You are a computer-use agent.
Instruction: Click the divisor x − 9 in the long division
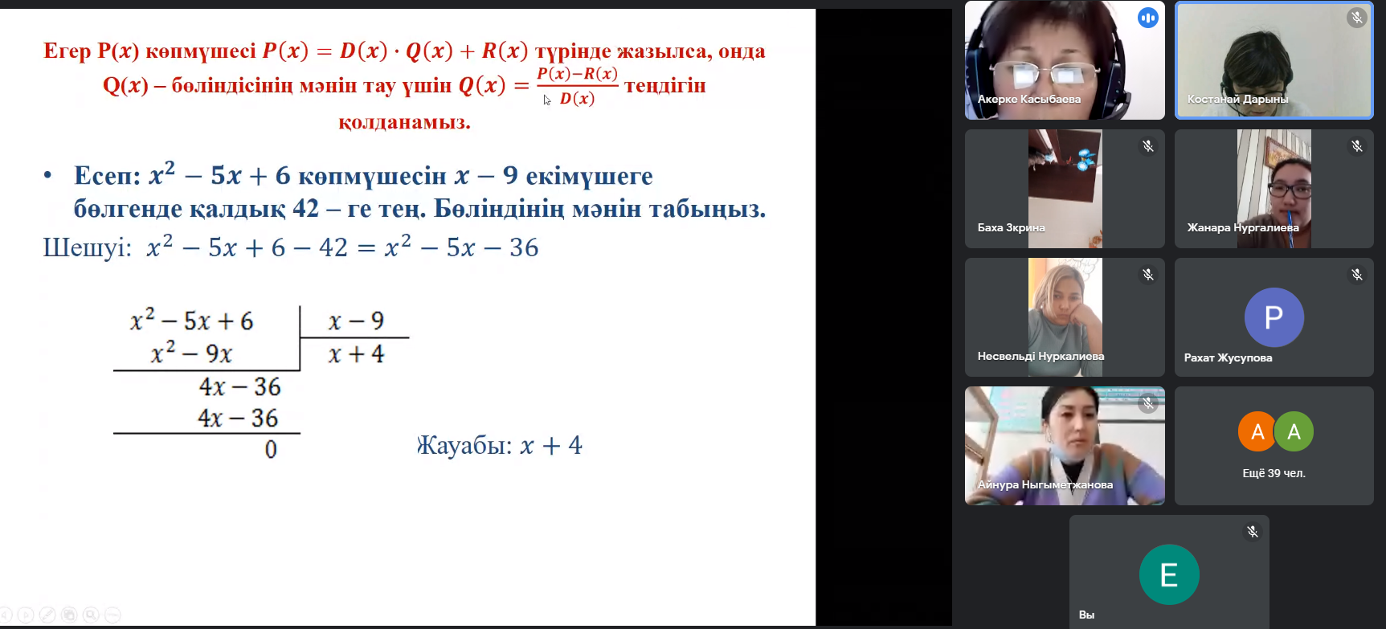click(x=356, y=321)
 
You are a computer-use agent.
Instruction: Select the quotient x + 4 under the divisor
click(x=356, y=354)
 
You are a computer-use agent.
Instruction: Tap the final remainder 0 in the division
click(x=271, y=449)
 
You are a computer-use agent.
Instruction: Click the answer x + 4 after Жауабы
click(x=551, y=445)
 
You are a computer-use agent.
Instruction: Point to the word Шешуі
click(x=87, y=247)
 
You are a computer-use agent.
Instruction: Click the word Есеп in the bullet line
click(x=107, y=176)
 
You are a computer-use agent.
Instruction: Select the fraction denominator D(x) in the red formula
click(x=577, y=99)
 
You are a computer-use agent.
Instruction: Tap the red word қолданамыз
click(x=404, y=123)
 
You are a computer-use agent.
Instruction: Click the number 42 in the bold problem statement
click(x=305, y=209)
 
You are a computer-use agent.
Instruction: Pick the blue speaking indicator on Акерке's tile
click(x=1148, y=18)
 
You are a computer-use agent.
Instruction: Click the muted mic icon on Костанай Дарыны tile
click(x=1357, y=18)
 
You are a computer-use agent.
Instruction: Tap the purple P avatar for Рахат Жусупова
click(x=1274, y=317)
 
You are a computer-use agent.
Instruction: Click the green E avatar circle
click(x=1169, y=574)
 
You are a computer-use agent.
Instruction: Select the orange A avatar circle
click(x=1257, y=431)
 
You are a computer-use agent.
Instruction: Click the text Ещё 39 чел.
click(x=1274, y=473)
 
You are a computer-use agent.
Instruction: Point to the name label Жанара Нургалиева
click(x=1243, y=227)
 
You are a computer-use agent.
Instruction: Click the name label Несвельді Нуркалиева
click(x=1041, y=356)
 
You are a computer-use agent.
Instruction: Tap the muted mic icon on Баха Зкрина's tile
click(x=1148, y=146)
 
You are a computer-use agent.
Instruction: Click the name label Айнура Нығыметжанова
click(x=1045, y=484)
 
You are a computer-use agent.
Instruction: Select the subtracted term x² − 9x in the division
click(x=191, y=353)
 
